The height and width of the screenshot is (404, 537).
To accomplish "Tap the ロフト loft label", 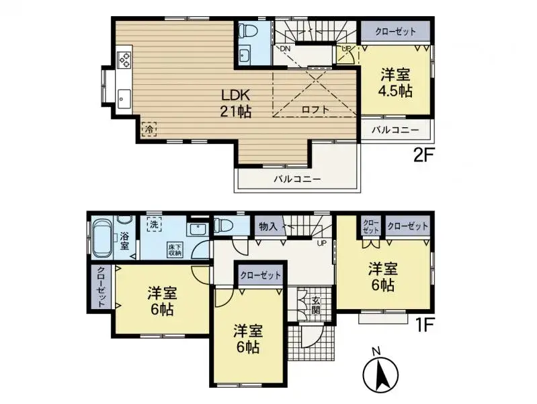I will (315, 109).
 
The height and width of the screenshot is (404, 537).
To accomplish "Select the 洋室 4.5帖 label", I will (396, 82).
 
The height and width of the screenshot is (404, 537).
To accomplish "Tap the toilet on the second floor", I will (246, 31).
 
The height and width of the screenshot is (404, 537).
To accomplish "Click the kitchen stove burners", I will (125, 59).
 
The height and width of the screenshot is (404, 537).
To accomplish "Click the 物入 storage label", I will (267, 227).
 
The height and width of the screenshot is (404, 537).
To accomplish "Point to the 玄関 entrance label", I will (315, 305).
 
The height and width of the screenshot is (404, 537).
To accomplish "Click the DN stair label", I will (285, 49).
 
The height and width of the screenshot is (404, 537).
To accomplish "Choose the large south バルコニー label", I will (296, 179).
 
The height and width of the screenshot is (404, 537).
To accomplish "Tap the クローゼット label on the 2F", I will (396, 32).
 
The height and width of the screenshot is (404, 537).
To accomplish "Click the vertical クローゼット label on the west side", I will (101, 287).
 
